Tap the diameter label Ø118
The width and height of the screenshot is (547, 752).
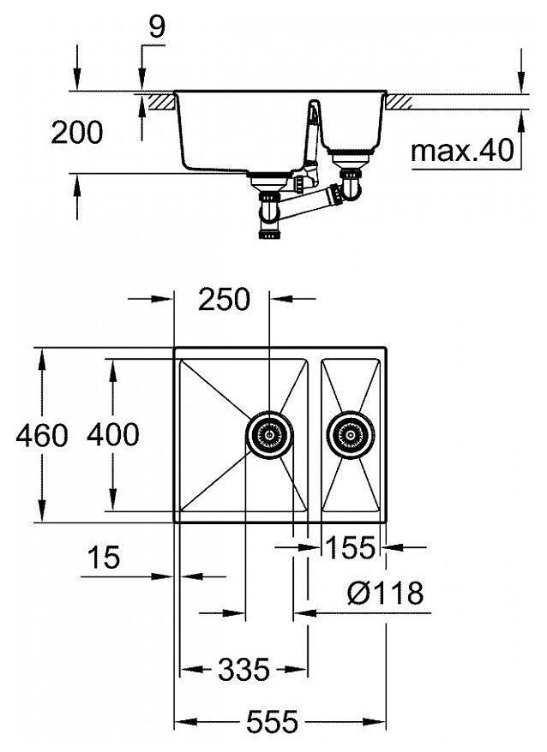(x=386, y=592)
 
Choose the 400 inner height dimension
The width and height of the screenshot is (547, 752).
(x=112, y=435)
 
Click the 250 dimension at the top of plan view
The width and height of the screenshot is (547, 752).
(x=224, y=300)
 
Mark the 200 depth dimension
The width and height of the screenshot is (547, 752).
(x=76, y=133)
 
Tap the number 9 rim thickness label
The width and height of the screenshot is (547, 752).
(x=156, y=27)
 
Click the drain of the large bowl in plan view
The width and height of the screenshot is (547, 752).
(x=269, y=435)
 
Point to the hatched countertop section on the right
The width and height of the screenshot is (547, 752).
(x=401, y=101)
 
